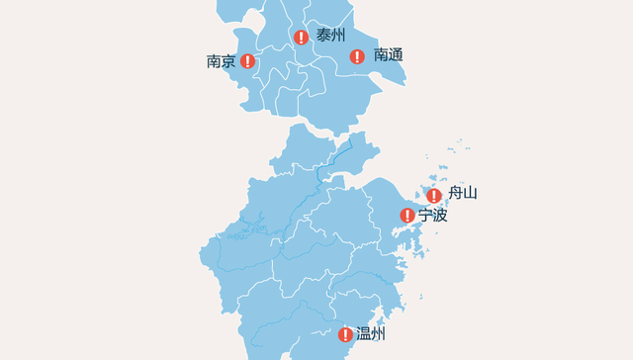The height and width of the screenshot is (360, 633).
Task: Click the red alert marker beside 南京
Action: tap(247, 61)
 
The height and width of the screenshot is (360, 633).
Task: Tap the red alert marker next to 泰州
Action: tap(301, 38)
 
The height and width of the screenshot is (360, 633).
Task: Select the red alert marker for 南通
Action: tap(358, 56)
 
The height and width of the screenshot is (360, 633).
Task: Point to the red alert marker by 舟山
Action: tap(433, 195)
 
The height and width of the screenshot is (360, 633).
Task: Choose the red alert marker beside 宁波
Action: tap(407, 216)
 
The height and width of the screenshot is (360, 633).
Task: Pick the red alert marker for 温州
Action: tap(345, 334)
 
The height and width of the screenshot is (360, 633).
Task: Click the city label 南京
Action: tap(221, 61)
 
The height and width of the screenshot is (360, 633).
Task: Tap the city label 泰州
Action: tap(331, 36)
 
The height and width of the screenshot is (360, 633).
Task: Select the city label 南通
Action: tap(389, 55)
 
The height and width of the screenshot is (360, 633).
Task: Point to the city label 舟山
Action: tap(463, 193)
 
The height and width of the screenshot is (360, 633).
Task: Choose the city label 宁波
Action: tap(433, 215)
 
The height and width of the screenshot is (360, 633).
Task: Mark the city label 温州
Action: tap(371, 334)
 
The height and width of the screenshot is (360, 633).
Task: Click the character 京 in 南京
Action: tap(228, 61)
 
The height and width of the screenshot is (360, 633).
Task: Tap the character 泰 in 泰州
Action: tap(323, 36)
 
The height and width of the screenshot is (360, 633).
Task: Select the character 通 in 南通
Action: tap(397, 55)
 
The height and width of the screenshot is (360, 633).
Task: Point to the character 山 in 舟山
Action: tap(471, 193)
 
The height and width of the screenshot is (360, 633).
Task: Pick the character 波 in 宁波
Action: tap(441, 215)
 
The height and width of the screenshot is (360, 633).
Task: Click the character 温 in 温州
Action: tap(363, 334)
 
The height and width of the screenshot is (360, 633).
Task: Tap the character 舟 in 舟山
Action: tap(455, 193)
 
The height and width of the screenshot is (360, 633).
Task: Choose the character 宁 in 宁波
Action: tap(425, 215)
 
